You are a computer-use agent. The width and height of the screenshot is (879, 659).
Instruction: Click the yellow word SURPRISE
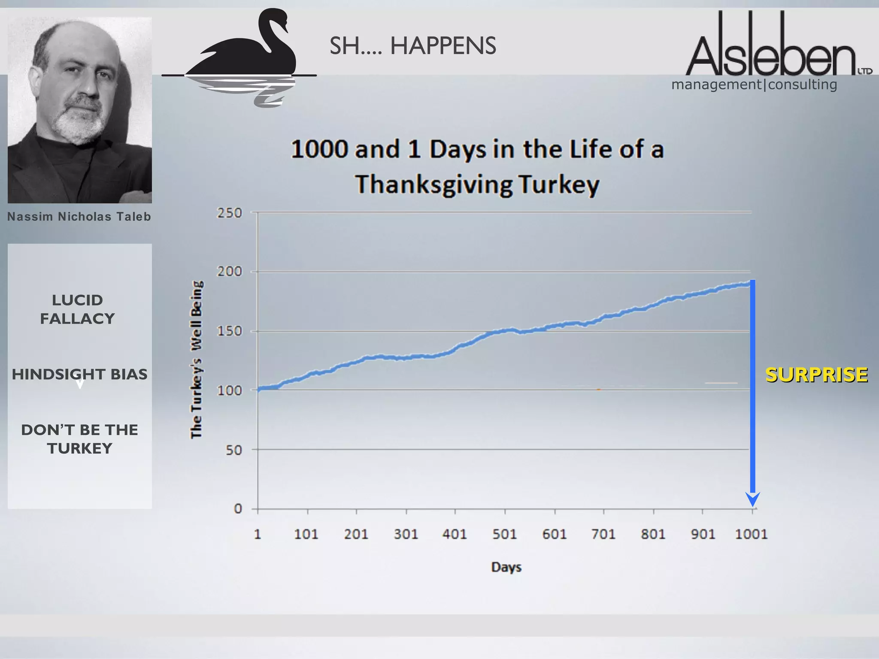(x=816, y=375)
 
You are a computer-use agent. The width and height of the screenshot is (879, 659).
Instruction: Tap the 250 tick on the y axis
(x=230, y=213)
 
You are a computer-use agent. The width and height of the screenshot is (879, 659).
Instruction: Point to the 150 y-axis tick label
(x=230, y=331)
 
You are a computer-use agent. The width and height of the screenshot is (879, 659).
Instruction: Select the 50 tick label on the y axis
(x=234, y=450)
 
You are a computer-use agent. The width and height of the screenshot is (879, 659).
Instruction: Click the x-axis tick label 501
(x=505, y=534)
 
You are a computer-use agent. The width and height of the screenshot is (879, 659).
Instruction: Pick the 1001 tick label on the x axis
(x=751, y=534)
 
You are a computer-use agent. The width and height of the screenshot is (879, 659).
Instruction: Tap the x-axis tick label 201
(x=356, y=534)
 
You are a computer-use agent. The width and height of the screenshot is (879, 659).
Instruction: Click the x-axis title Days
(x=506, y=567)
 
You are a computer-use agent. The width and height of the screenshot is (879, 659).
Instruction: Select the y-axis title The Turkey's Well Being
(x=197, y=360)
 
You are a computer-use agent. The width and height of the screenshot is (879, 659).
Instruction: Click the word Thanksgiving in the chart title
(x=433, y=184)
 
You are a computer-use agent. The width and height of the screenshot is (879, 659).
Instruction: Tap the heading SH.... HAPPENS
(x=412, y=46)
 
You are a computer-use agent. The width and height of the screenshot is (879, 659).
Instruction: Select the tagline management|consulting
(x=754, y=85)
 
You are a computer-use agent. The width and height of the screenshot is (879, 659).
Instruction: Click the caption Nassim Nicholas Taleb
(x=79, y=217)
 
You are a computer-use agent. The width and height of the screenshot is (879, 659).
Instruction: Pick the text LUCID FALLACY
(x=78, y=309)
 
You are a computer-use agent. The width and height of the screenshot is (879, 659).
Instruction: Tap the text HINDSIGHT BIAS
(x=79, y=374)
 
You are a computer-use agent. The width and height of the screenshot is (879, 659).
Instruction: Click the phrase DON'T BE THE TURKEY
(x=79, y=439)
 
